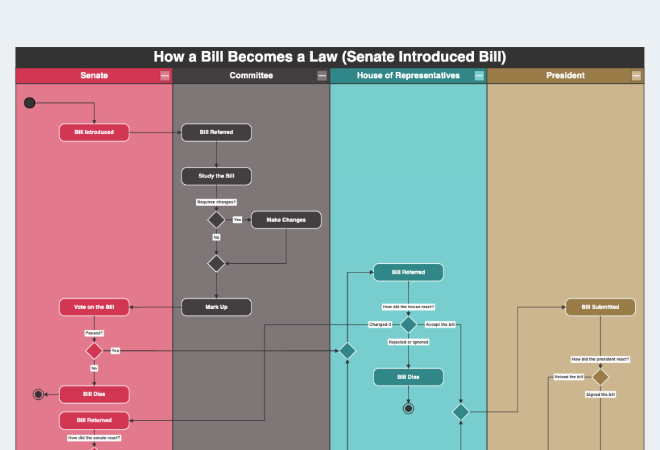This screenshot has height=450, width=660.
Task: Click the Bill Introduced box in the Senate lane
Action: click(94, 132)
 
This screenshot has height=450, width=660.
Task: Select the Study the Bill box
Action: click(216, 176)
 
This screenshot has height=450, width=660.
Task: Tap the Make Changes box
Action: click(286, 220)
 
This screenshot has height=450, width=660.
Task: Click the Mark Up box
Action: click(216, 307)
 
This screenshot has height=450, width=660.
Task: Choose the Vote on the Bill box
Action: click(94, 307)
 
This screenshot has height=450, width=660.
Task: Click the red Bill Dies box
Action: click(94, 395)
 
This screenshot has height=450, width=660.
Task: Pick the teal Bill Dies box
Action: click(408, 377)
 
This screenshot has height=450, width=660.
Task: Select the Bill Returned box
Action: click(94, 420)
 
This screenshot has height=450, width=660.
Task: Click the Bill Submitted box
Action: click(600, 307)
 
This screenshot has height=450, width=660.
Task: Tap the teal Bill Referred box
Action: click(408, 272)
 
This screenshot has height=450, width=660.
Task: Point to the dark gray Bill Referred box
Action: click(216, 132)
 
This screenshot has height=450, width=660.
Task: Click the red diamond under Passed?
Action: click(94, 350)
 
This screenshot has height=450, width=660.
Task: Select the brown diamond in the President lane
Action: click(600, 377)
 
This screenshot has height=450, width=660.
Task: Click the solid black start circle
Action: click(29, 102)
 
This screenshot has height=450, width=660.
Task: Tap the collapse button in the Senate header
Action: click(165, 76)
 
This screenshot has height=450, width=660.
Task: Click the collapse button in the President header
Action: click(636, 76)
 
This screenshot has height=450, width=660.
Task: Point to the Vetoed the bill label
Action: click(569, 377)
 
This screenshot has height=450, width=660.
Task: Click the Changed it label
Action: click(380, 325)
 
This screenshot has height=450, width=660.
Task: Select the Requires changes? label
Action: click(216, 202)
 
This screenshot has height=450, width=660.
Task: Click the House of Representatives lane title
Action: click(408, 75)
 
